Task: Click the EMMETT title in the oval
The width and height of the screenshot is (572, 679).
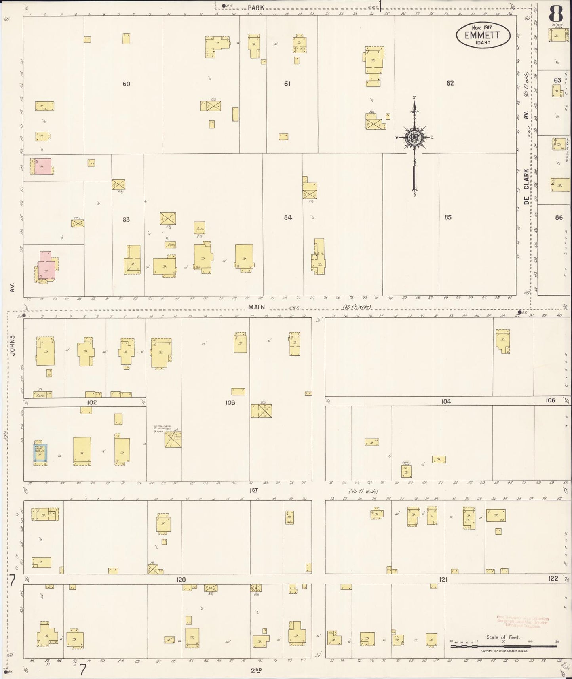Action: (x=482, y=35)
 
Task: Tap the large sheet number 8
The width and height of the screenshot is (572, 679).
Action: (x=555, y=15)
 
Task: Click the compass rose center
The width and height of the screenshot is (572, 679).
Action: (x=414, y=138)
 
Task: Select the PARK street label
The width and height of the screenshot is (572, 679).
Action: (x=256, y=7)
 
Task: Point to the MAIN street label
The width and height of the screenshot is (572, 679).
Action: (x=257, y=307)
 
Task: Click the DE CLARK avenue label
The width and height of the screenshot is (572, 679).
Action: (x=526, y=186)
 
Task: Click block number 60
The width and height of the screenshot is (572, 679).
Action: (x=126, y=84)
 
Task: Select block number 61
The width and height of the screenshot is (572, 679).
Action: (x=287, y=84)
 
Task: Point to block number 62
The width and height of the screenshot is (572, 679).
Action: (x=450, y=83)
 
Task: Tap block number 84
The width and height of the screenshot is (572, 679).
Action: (x=288, y=217)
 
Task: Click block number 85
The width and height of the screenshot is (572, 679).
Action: (x=448, y=217)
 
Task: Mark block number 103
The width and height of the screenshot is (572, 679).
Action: (x=230, y=402)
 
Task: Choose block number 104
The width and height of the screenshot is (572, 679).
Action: (x=446, y=401)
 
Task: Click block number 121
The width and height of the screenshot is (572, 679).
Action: (x=443, y=579)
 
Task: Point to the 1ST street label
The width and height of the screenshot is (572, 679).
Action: (x=254, y=490)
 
